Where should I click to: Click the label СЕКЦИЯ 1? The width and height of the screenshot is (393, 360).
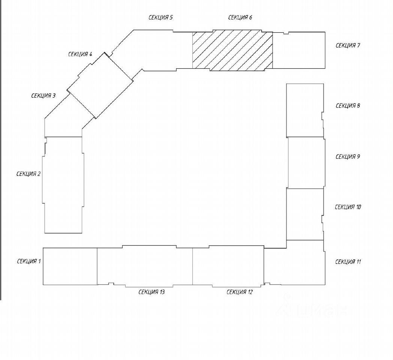[x=28, y=261]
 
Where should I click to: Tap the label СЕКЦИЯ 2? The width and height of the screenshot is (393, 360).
[x=28, y=174]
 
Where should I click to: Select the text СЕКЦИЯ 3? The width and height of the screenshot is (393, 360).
[x=43, y=96]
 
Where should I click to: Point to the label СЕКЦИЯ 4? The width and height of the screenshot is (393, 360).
[x=80, y=54]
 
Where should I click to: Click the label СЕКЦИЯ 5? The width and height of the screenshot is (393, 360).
[x=160, y=18]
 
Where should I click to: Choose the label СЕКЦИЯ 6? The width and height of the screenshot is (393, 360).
[x=240, y=18]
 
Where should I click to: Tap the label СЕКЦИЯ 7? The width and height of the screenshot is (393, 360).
[x=348, y=46]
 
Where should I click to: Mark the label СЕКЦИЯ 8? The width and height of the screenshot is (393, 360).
[x=348, y=106]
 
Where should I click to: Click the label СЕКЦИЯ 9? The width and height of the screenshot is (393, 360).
[x=348, y=157]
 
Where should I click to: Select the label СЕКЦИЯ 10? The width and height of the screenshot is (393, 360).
[x=348, y=207]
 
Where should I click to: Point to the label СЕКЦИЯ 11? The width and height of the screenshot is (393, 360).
[x=348, y=262]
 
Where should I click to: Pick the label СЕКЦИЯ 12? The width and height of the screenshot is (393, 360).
[x=240, y=292]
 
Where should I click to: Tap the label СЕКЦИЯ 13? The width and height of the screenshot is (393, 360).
[x=151, y=292]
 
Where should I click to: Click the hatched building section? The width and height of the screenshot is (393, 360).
[x=232, y=51]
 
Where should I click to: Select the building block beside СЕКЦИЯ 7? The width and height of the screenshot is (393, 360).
[x=298, y=51]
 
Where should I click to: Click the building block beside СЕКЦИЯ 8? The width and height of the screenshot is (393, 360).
[x=304, y=110]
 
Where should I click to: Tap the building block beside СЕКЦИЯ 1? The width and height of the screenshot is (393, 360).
[x=70, y=266]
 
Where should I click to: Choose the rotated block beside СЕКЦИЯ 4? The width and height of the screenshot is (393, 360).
[x=100, y=86]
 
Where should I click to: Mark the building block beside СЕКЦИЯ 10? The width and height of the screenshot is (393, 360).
[x=304, y=214]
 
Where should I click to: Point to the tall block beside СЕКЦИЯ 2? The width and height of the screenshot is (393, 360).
[x=63, y=184]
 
